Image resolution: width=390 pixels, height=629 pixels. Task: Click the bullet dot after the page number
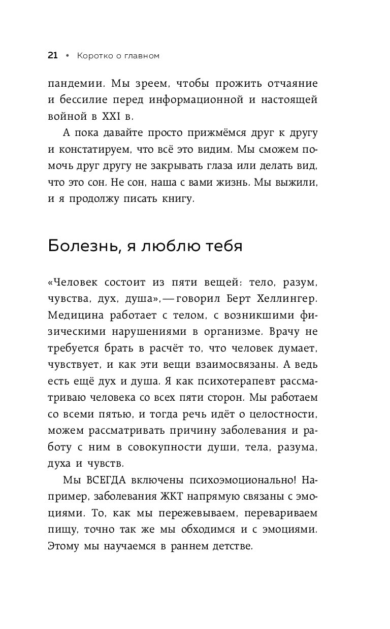point(67,56)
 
